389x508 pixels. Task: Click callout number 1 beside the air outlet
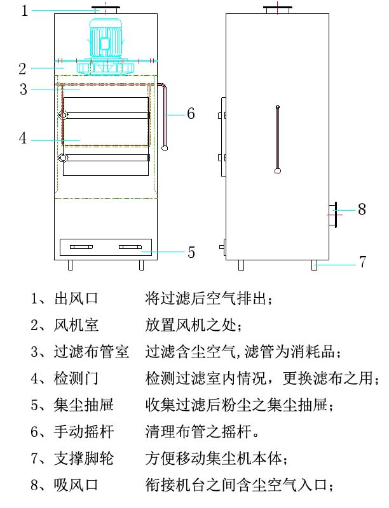click(x=25, y=11)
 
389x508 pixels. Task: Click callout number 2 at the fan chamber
click(x=22, y=68)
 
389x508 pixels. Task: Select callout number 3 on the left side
click(x=24, y=90)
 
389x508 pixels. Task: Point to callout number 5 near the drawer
click(x=191, y=252)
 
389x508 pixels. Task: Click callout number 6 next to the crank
click(x=191, y=114)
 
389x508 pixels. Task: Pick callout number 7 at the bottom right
click(x=362, y=262)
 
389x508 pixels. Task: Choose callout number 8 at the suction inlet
click(x=362, y=209)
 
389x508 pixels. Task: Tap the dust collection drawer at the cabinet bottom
click(x=105, y=247)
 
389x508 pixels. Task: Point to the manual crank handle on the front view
click(x=165, y=117)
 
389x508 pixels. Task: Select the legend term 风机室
click(x=76, y=326)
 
